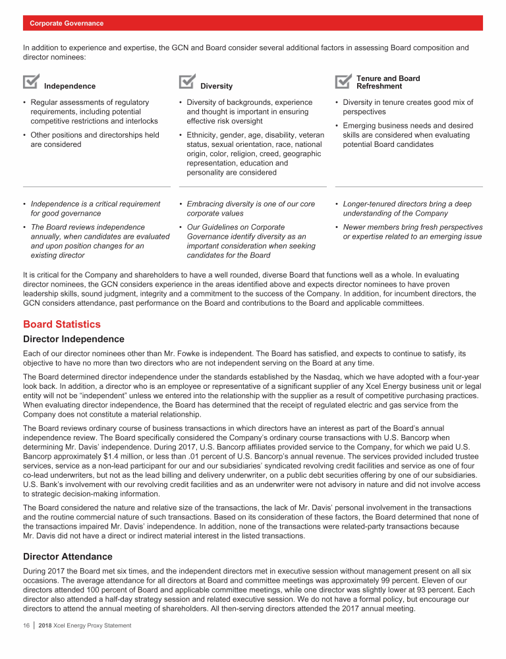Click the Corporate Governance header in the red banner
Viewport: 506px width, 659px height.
[x=67, y=23]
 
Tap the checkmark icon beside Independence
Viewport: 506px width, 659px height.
[x=30, y=81]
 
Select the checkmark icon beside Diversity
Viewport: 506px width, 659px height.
[x=186, y=81]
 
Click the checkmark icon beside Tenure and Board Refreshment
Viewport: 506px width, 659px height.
[x=343, y=81]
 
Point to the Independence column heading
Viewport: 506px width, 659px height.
[x=69, y=86]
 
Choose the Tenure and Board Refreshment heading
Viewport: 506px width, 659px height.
[x=388, y=82]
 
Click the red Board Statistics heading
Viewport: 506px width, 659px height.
[x=62, y=324]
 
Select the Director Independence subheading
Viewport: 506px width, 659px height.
[x=73, y=339]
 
